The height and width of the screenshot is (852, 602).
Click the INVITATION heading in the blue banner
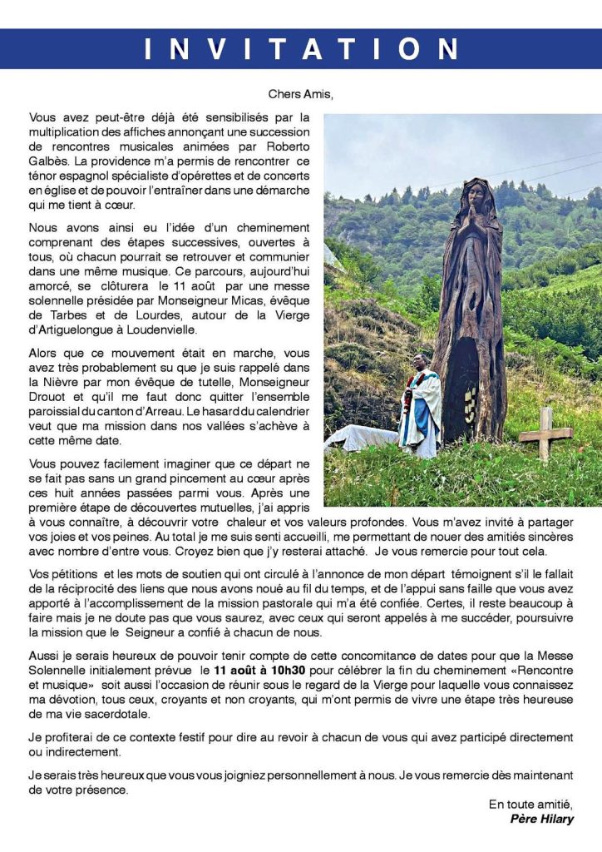[301, 48]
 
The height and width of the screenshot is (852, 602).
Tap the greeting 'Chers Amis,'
[300, 94]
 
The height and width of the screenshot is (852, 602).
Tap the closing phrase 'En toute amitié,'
[530, 804]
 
